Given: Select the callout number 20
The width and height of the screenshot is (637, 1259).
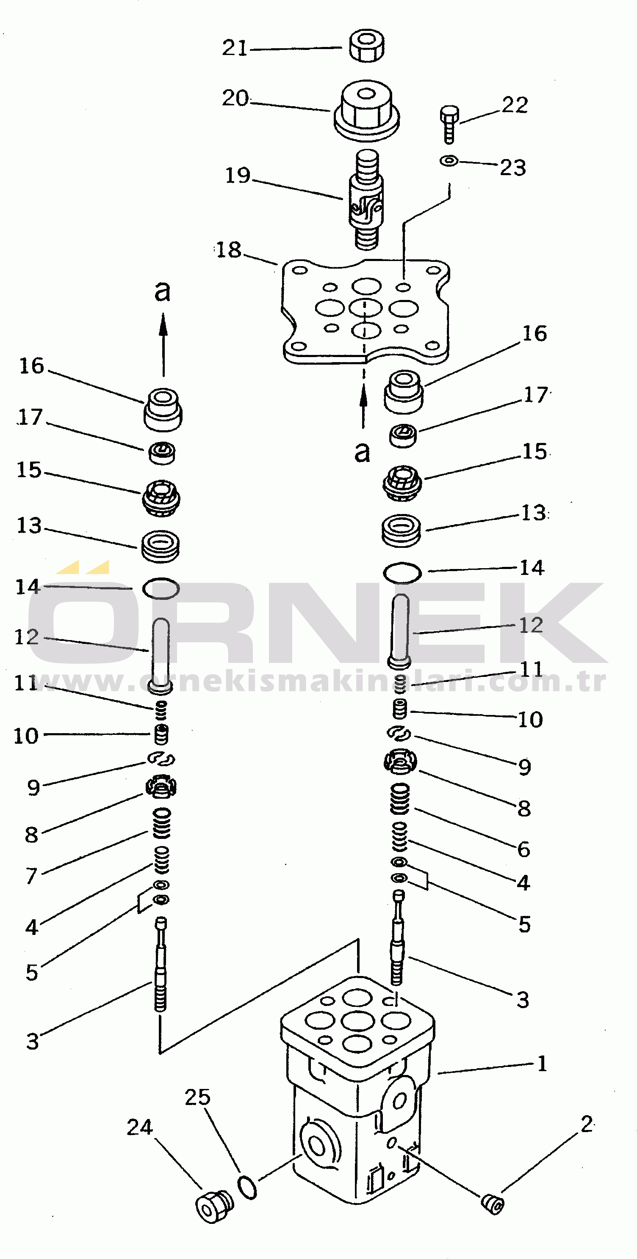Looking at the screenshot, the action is pyautogui.click(x=236, y=98).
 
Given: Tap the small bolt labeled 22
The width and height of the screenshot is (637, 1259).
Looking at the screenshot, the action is pyautogui.click(x=449, y=125).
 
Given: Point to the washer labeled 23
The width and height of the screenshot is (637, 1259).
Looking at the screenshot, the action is pyautogui.click(x=449, y=160).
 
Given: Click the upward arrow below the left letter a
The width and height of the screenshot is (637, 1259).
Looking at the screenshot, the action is pyautogui.click(x=163, y=344).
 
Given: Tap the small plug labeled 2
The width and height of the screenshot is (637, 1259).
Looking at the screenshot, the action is pyautogui.click(x=492, y=1203).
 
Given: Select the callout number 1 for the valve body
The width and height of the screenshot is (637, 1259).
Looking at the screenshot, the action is pyautogui.click(x=542, y=1064).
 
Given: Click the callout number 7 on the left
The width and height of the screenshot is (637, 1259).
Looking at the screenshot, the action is pyautogui.click(x=31, y=875).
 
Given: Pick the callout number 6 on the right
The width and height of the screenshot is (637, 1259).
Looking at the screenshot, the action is pyautogui.click(x=524, y=849).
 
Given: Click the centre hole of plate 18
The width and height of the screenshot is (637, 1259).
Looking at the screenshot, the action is pyautogui.click(x=366, y=308).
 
